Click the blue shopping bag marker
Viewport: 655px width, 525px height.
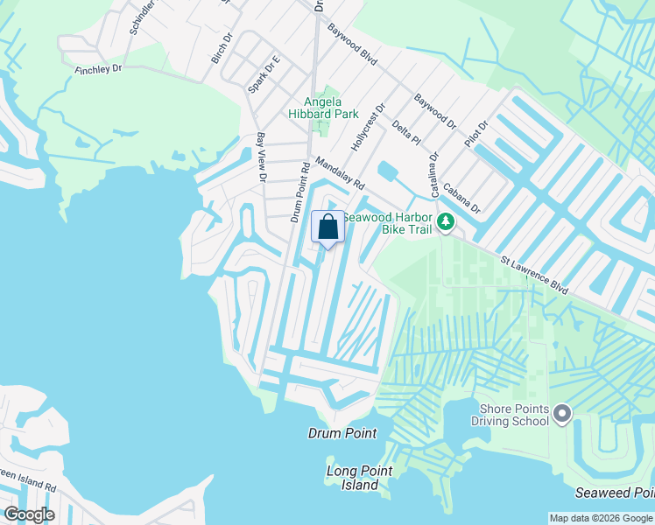pos(327,227)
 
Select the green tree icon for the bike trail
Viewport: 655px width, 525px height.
pos(446,221)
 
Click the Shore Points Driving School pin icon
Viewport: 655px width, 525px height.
pos(562,411)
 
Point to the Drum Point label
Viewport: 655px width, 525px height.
pos(342,433)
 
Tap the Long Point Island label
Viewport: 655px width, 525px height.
pos(359,478)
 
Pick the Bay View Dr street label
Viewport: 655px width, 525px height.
pos(261,158)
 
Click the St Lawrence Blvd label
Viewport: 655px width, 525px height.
pos(534,274)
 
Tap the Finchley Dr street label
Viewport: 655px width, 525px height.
pos(98,68)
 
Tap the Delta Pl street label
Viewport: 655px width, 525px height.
pos(406,133)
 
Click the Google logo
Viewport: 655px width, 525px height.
pos(29,514)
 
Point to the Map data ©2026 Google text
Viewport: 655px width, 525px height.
pos(600,518)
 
